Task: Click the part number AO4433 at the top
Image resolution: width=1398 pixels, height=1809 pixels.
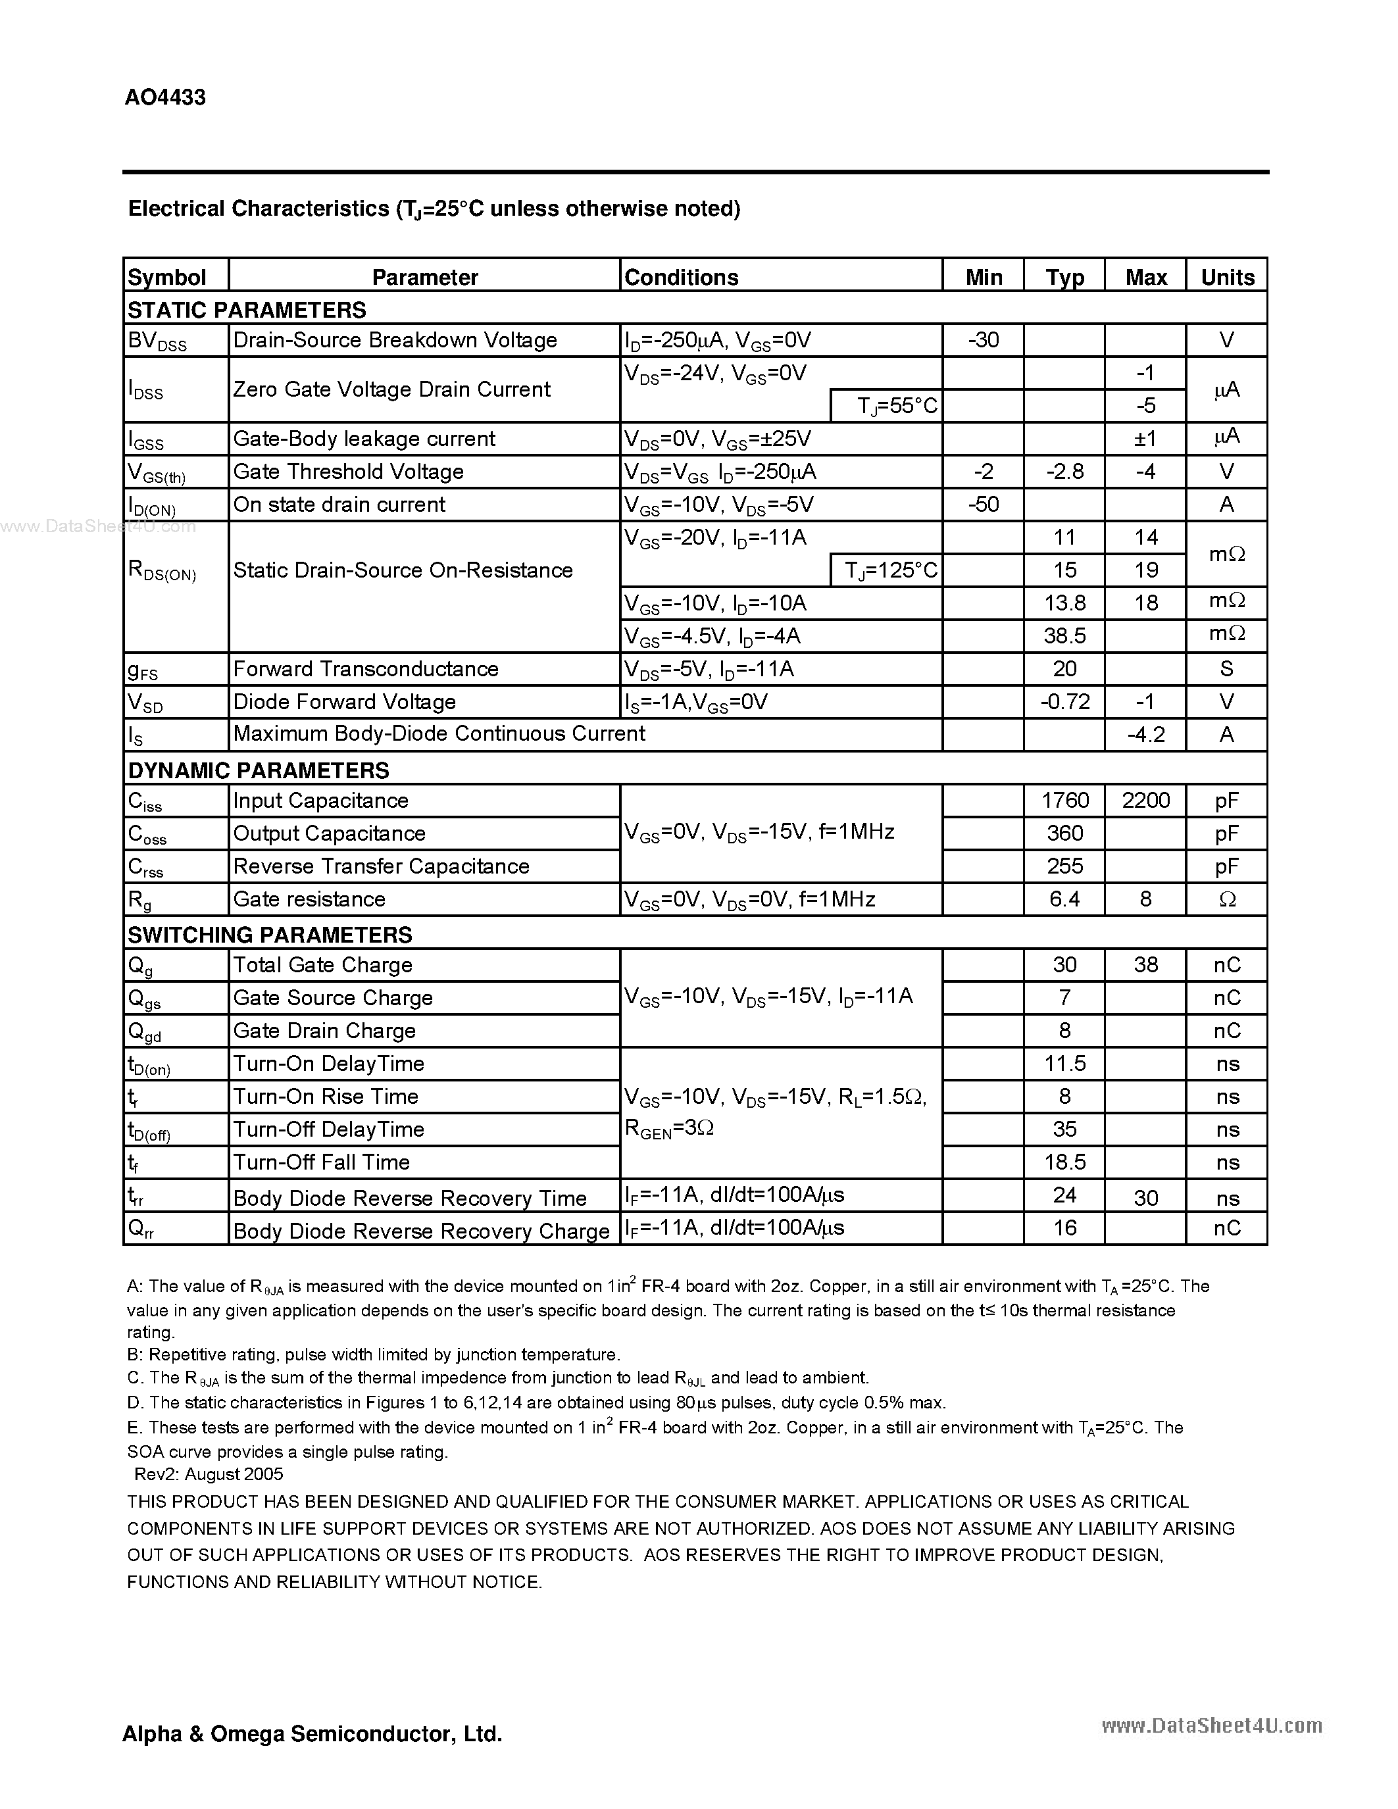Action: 165,98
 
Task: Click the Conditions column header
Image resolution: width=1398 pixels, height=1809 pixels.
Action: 681,278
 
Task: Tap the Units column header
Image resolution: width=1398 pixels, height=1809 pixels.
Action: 1226,278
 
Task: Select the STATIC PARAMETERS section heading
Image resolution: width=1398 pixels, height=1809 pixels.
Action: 247,310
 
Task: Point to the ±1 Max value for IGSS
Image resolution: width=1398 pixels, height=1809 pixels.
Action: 1145,438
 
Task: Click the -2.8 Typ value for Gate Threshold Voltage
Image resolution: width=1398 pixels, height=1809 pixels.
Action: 1064,471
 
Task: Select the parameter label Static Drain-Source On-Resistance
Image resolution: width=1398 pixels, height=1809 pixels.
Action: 403,570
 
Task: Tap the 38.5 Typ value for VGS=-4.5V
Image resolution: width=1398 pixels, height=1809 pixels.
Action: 1064,636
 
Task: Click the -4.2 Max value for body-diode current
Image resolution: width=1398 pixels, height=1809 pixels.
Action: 1145,735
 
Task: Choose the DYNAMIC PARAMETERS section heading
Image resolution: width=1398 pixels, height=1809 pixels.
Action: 259,770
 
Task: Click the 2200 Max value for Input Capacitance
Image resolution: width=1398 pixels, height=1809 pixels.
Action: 1145,800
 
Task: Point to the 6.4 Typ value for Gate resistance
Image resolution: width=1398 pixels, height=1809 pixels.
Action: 1064,899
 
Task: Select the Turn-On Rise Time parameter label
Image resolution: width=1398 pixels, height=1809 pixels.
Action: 326,1097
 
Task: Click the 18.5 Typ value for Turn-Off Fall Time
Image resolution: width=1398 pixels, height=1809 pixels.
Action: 1064,1162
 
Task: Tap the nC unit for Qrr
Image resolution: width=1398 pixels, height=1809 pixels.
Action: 1226,1228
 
